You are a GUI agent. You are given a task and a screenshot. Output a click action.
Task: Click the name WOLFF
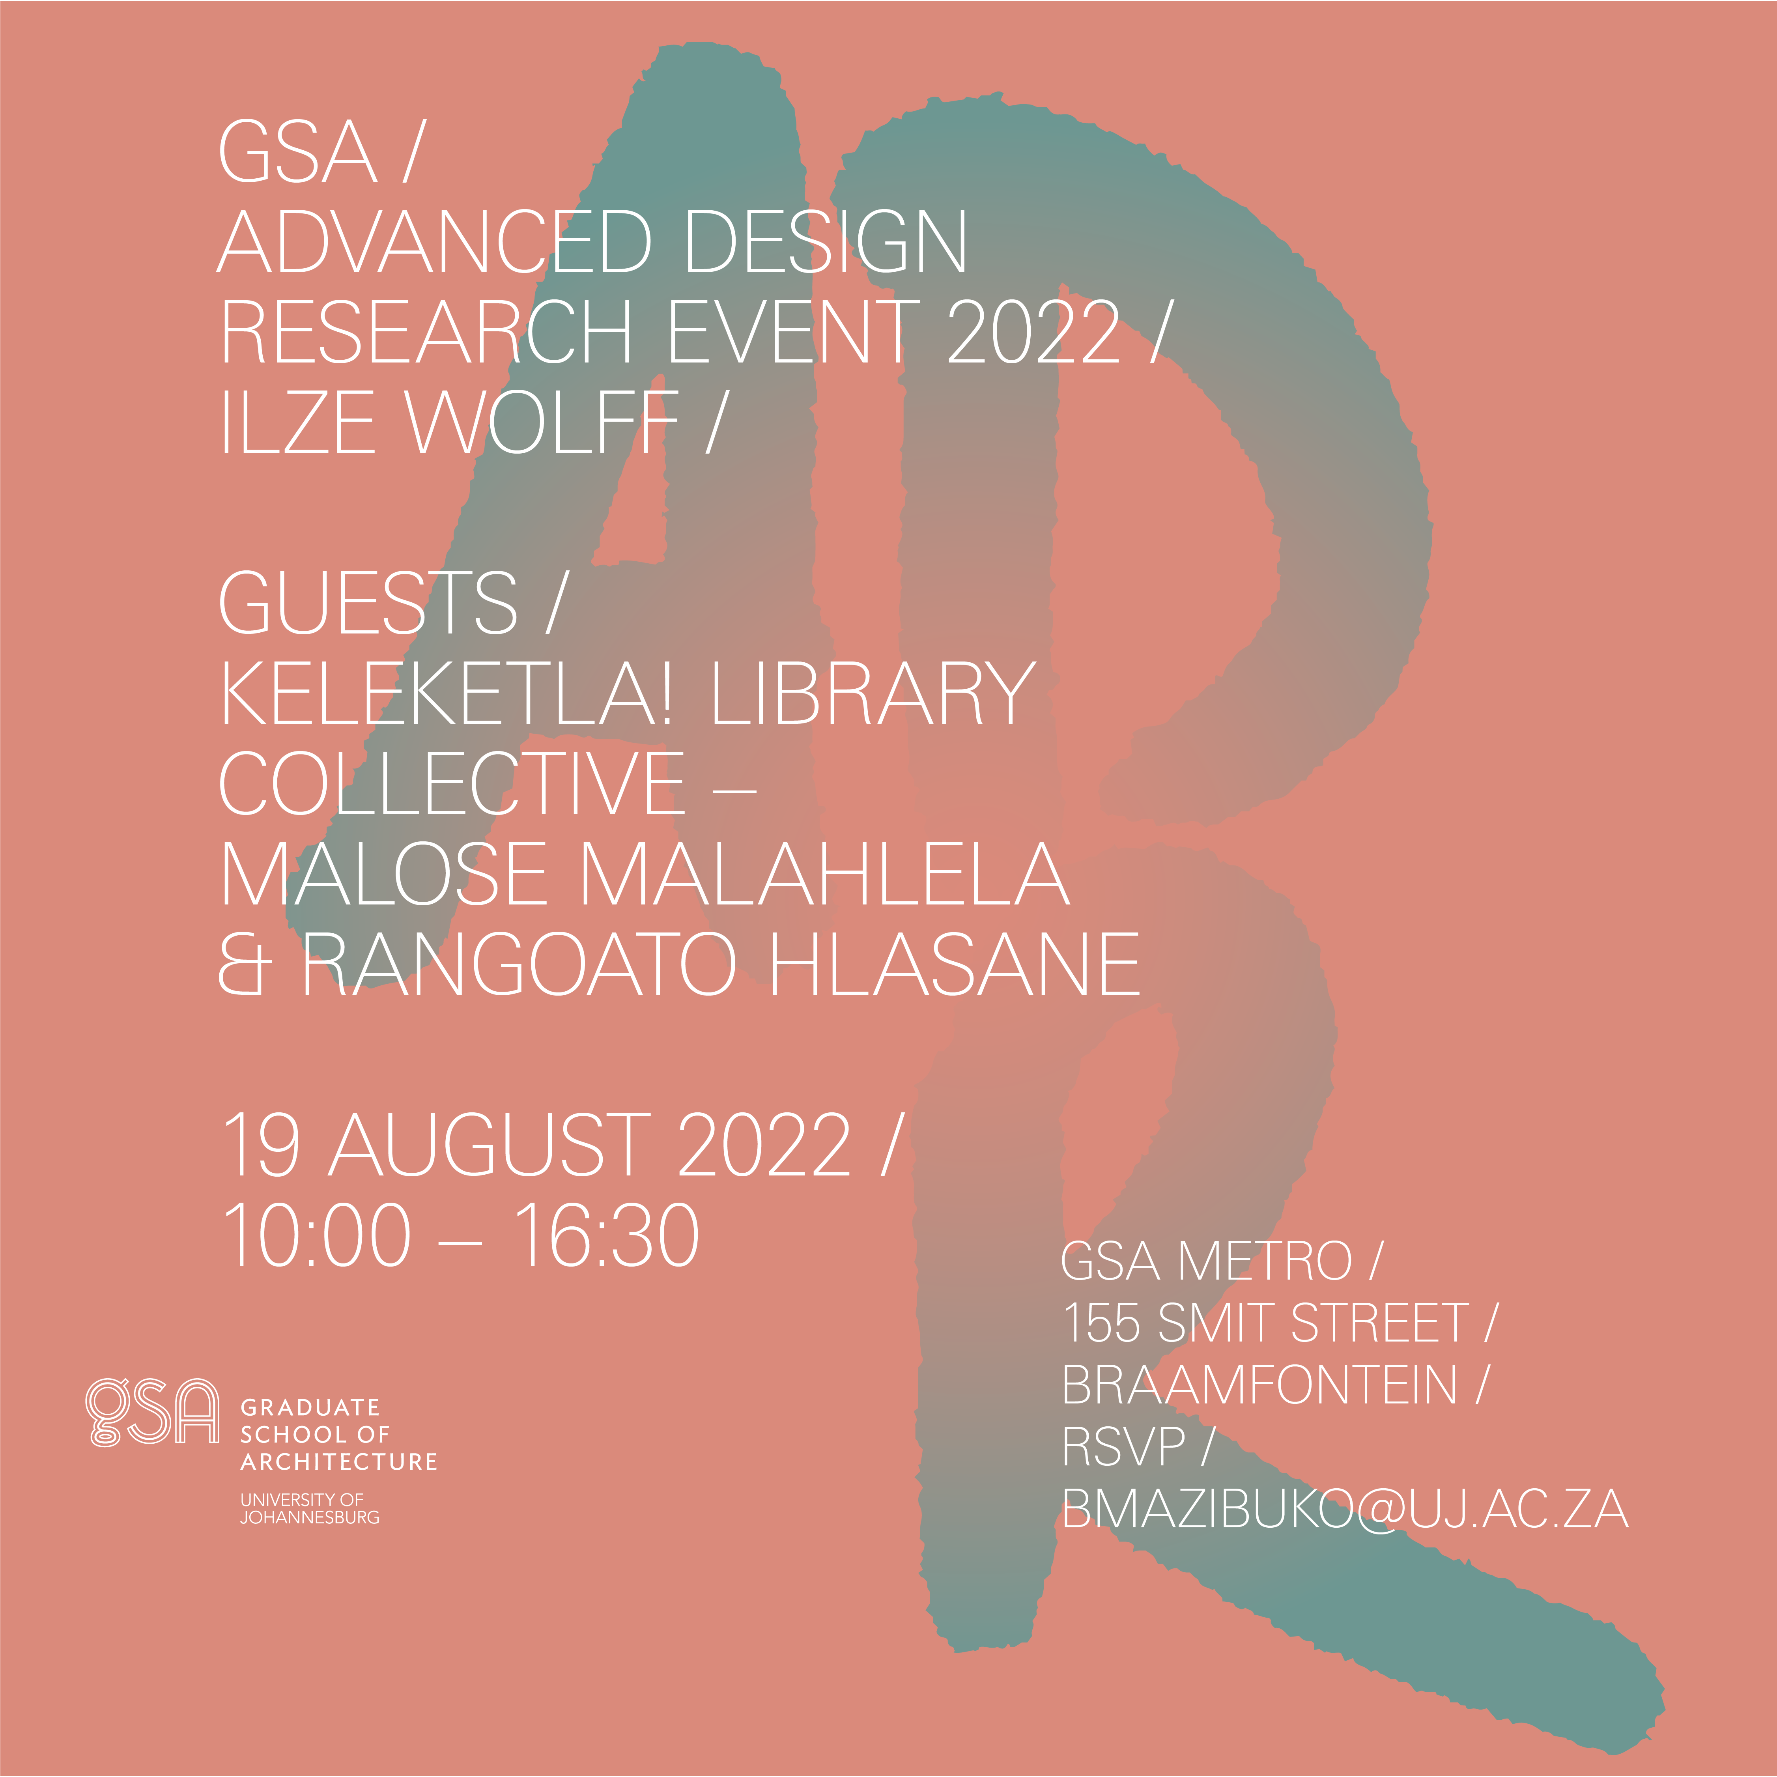[x=543, y=422]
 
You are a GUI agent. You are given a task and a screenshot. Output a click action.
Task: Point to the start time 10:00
[x=317, y=1234]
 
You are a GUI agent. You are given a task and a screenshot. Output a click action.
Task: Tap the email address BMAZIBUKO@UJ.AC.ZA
[x=1345, y=1509]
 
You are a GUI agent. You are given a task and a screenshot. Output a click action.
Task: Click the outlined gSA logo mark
[x=153, y=1412]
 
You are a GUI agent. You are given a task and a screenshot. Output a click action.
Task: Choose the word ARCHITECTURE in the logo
[x=338, y=1461]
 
